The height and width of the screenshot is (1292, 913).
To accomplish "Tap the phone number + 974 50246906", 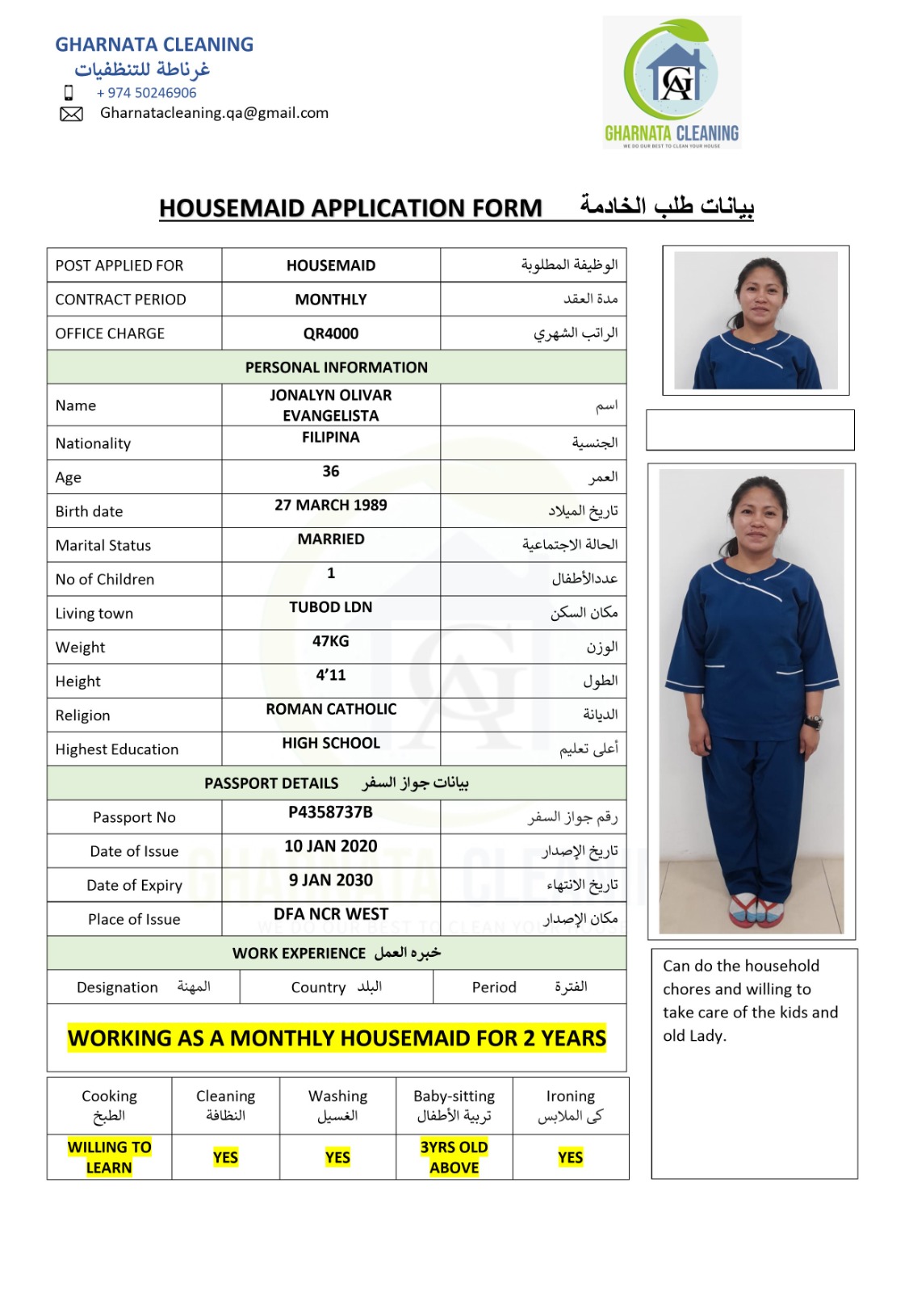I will [146, 93].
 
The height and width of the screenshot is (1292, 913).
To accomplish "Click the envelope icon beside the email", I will [71, 114].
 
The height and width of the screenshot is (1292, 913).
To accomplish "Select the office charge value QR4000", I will [331, 333].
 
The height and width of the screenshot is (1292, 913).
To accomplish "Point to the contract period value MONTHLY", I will [331, 300].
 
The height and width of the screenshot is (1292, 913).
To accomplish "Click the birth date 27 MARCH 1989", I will [331, 505].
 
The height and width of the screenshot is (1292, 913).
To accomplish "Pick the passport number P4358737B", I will [331, 812].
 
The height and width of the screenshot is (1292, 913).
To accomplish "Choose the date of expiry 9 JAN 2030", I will [331, 880].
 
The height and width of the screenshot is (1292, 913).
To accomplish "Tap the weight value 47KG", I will [331, 641].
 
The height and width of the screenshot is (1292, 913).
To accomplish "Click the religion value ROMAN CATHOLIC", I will [331, 709].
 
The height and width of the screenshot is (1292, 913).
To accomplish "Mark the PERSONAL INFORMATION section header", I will [337, 367].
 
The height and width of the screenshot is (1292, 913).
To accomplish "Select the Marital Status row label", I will [103, 545].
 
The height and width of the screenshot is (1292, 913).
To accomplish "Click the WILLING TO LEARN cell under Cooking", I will [110, 1157].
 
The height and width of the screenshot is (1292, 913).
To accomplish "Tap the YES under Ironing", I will [570, 1157].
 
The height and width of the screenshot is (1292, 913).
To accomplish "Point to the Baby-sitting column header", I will [454, 1105].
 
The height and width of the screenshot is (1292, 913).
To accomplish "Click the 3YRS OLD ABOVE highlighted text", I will [454, 1157].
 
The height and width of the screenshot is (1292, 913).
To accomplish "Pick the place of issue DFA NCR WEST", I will [331, 914].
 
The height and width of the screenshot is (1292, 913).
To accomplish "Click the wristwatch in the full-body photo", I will [815, 722].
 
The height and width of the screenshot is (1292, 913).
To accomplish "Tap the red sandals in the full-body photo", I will [756, 908].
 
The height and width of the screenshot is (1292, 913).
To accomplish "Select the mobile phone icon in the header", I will [69, 93].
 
